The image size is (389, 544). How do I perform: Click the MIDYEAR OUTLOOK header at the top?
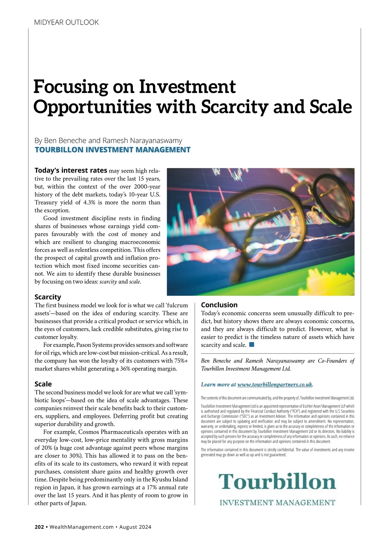click(66, 22)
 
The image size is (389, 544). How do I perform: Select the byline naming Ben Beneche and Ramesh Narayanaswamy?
click(108, 141)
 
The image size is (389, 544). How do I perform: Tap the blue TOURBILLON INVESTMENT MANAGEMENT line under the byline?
click(112, 150)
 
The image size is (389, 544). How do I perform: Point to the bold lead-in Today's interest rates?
click(71, 171)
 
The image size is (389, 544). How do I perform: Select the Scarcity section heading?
click(48, 297)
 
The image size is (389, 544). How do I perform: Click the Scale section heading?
click(43, 384)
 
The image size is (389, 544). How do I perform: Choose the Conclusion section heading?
click(219, 305)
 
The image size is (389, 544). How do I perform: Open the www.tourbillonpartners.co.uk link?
click(275, 385)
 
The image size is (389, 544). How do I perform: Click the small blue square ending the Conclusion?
click(252, 345)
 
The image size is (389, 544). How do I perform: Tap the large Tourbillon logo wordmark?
click(277, 482)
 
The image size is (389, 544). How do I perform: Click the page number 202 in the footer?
click(39, 527)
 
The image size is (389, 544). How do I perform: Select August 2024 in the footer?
click(135, 527)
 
